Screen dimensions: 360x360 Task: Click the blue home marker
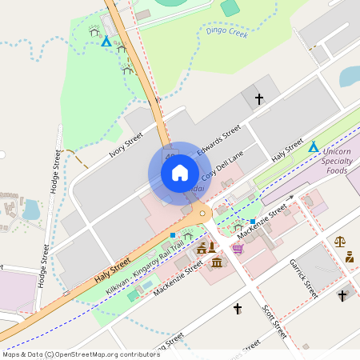[180, 173]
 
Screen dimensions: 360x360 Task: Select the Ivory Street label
[125, 147]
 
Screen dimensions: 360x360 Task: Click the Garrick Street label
[305, 278]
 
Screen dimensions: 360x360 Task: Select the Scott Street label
[274, 319]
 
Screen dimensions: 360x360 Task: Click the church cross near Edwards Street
[258, 99]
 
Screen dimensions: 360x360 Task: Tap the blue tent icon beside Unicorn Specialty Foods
[314, 147]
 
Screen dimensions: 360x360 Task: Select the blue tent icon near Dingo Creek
[106, 41]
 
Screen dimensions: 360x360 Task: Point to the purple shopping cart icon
[238, 249]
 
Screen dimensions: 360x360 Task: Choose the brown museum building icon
[216, 262]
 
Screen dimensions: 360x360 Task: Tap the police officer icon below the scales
[350, 257]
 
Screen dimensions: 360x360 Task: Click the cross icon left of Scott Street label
[237, 308]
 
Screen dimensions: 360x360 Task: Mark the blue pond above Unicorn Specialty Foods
[350, 76]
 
